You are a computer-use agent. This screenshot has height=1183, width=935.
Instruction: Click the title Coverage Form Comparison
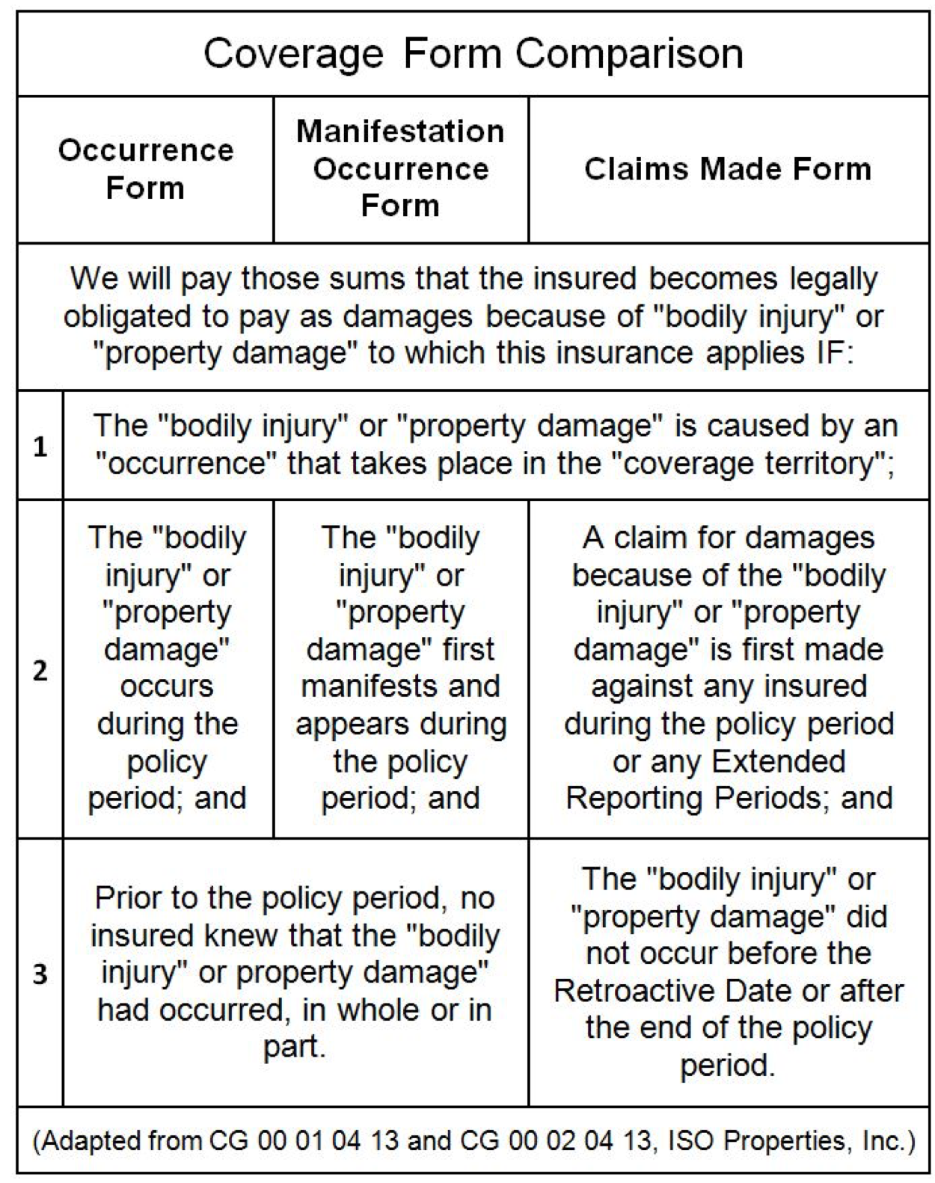[x=473, y=54]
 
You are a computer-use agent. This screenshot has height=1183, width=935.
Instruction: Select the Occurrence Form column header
[x=146, y=169]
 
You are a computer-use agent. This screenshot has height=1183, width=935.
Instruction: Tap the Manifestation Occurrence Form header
[x=401, y=169]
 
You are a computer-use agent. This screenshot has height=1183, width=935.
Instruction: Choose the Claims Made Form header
[x=728, y=169]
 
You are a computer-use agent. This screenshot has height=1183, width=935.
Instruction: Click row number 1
[x=40, y=447]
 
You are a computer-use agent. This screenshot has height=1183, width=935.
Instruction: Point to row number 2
[x=40, y=670]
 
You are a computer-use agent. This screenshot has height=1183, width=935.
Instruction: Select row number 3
[x=40, y=974]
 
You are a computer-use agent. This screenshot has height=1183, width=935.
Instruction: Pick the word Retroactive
[x=629, y=992]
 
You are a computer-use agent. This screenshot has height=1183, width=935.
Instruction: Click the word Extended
[x=779, y=761]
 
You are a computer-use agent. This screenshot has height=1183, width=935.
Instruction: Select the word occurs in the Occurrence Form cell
[x=167, y=686]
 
